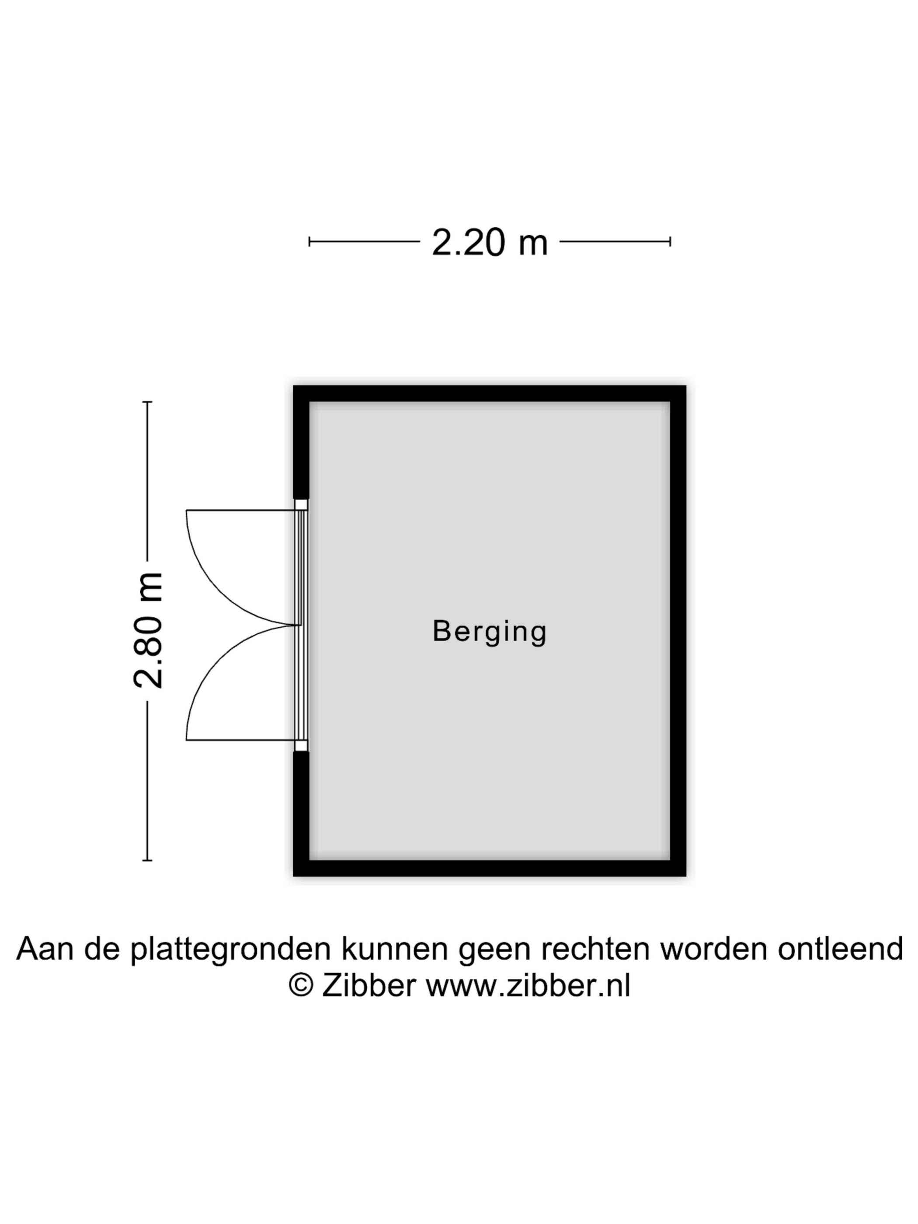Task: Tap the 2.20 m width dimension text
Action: (490, 242)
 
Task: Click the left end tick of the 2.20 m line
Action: (309, 241)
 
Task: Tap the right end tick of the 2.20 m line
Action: (670, 241)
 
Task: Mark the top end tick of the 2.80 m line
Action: (147, 402)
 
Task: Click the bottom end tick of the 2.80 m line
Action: (147, 860)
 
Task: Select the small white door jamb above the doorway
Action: (301, 504)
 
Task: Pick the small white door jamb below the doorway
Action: (301, 746)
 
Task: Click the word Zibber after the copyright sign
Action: (369, 985)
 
